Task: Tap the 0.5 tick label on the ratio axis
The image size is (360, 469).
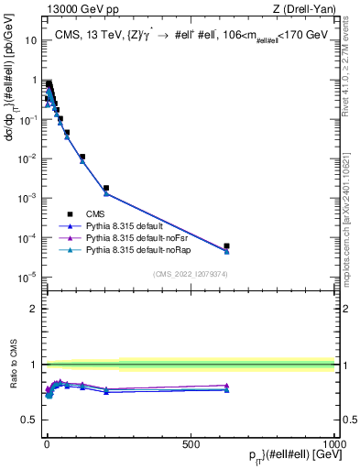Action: pyautogui.click(x=28, y=420)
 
